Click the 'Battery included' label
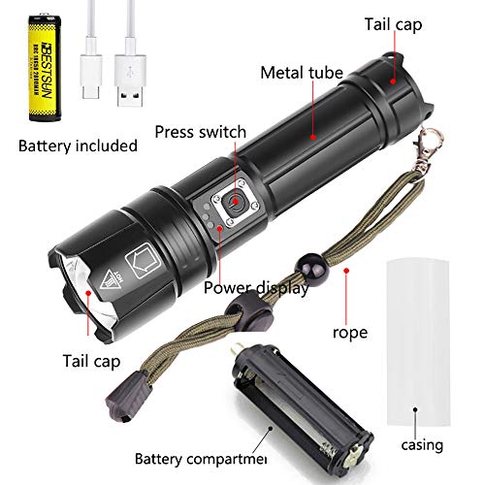79,146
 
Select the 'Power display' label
256,287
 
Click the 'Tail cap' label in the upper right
421,22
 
